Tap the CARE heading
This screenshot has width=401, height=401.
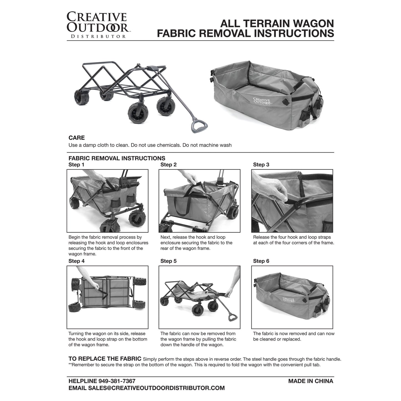pyautogui.click(x=77, y=138)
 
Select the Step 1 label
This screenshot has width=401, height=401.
pyautogui.click(x=76, y=165)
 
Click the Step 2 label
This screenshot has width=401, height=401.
pyautogui.click(x=168, y=165)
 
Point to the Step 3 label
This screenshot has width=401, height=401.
pyautogui.click(x=261, y=165)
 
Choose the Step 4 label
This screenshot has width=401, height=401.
pyautogui.click(x=77, y=261)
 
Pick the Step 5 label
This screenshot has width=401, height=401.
pyautogui.click(x=168, y=261)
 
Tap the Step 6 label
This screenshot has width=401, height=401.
pyautogui.click(x=261, y=261)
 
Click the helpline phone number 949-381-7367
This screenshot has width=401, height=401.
pyautogui.click(x=117, y=381)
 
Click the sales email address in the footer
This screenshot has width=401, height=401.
pyautogui.click(x=156, y=388)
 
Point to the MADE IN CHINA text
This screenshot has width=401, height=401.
pyautogui.click(x=311, y=381)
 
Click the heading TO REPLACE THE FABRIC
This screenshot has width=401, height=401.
pyautogui.click(x=105, y=359)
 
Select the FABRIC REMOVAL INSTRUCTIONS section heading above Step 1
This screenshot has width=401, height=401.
pyautogui.click(x=117, y=158)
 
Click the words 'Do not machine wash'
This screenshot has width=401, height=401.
pyautogui.click(x=207, y=145)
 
